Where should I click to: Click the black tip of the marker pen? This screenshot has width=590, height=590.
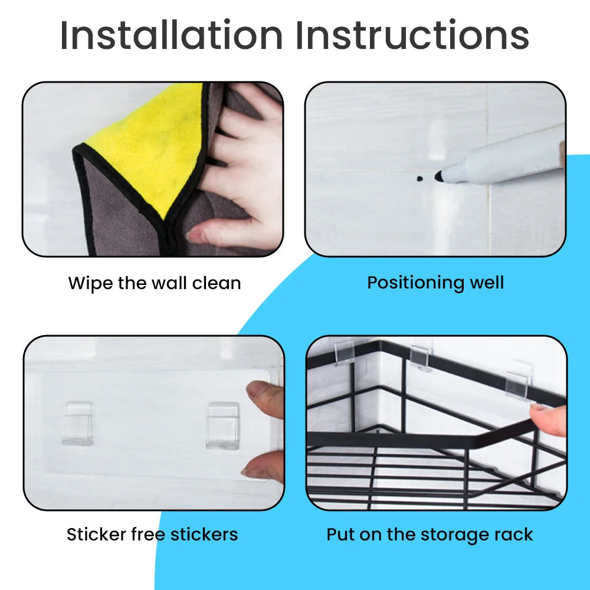point(439,176)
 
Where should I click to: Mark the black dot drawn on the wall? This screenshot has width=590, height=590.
point(420,178)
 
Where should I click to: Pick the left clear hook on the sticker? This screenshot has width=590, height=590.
point(78,423)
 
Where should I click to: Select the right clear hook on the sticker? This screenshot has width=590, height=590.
point(223,425)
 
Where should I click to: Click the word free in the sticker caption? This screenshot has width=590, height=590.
point(148,535)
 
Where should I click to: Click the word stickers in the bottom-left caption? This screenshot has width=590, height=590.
point(204,535)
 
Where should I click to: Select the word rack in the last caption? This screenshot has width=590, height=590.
point(514,535)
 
